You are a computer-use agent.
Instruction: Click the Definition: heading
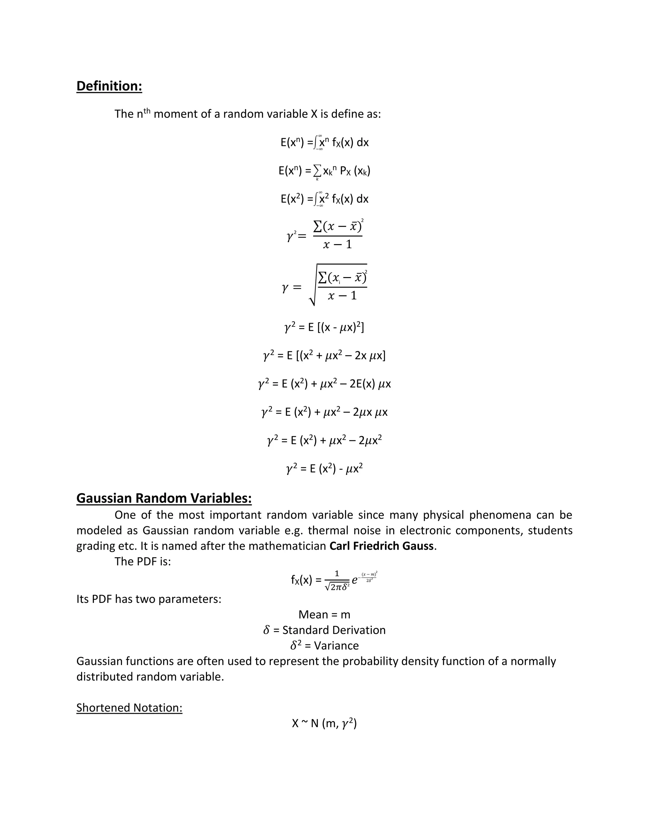109,86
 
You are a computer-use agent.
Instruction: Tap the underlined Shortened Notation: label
129,708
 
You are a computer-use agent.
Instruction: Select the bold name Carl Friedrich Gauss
382,546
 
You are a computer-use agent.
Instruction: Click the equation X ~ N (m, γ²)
324,723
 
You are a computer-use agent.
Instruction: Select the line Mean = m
324,615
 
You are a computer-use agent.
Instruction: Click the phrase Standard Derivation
334,630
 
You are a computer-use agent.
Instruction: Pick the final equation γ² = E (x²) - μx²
324,468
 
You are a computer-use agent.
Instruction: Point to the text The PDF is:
143,562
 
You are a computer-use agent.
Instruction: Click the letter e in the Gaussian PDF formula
355,581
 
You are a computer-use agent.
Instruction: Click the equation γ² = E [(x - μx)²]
324,328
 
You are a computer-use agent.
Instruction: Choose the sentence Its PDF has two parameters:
149,599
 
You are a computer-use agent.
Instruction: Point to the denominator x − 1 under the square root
342,296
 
